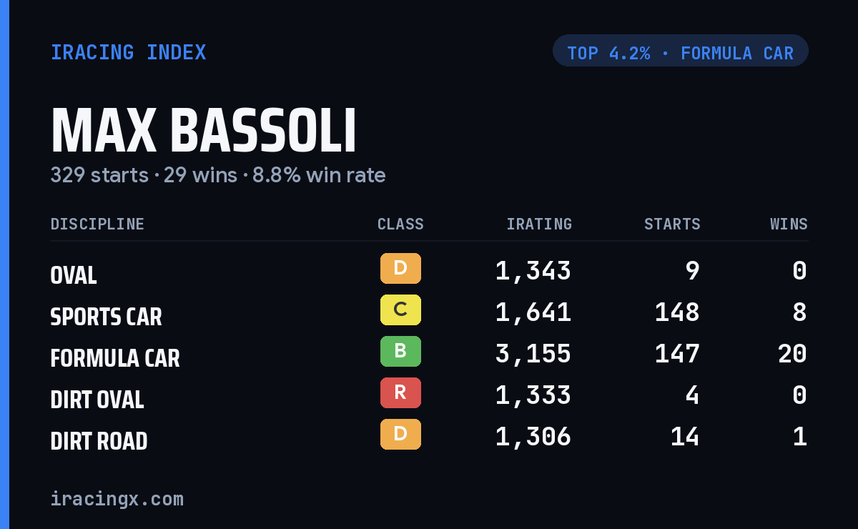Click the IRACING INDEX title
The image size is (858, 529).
point(128,52)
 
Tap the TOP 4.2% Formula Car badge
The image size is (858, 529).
point(680,51)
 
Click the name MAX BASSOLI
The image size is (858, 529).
point(203,130)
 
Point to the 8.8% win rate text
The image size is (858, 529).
point(319,175)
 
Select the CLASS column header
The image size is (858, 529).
point(400,224)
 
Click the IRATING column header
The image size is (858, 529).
point(539,224)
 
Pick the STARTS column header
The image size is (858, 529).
point(672,224)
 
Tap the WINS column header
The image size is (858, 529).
point(789,224)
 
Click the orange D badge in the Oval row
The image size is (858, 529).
point(400,268)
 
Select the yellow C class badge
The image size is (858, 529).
point(400,310)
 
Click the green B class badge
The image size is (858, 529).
point(400,351)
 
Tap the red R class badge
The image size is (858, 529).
point(400,392)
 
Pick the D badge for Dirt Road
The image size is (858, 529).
point(400,434)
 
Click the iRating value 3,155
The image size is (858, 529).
point(533,354)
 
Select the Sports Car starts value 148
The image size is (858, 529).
point(677,312)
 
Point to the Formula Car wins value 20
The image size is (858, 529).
point(792,354)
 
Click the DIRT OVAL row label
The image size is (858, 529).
point(97,400)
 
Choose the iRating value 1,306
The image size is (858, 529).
point(533,437)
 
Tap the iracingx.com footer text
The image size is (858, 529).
point(117,499)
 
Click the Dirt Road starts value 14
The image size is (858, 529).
point(685,437)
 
